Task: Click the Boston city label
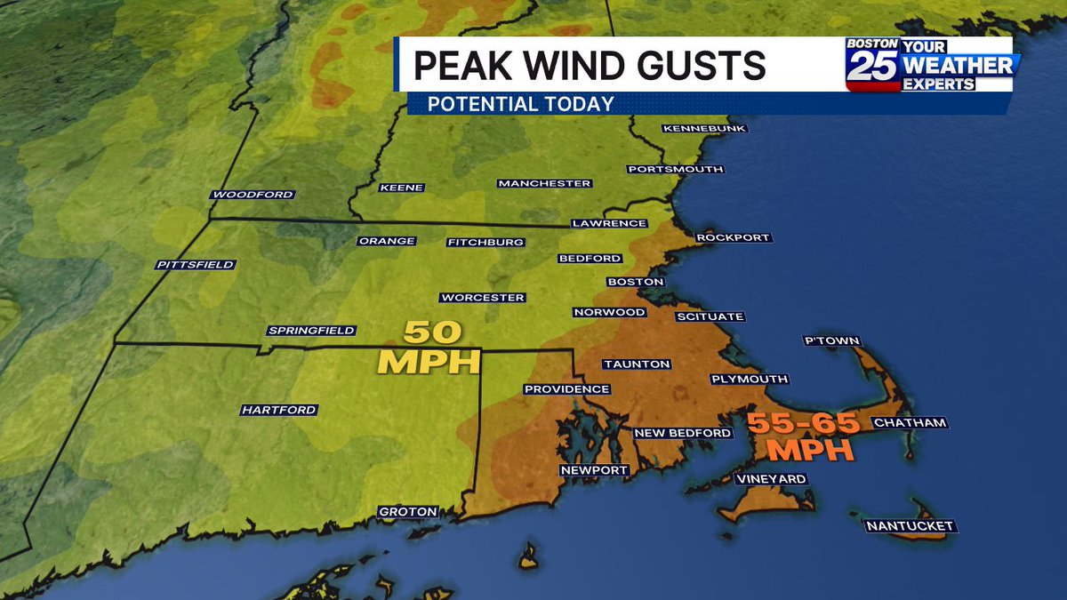pos(635,282)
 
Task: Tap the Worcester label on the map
pos(482,298)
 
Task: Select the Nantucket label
pos(911,526)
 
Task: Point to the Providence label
pos(566,389)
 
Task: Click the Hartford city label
pos(278,410)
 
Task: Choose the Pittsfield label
pos(195,265)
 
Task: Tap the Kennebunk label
pos(703,129)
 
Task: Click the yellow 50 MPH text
pos(429,348)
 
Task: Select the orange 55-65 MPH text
pos(803,435)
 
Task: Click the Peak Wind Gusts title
pos(589,66)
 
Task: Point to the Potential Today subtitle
pos(520,104)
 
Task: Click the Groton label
pos(408,512)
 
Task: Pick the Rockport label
pos(732,237)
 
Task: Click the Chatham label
pos(909,423)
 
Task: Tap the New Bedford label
pos(682,433)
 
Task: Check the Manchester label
pos(544,184)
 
